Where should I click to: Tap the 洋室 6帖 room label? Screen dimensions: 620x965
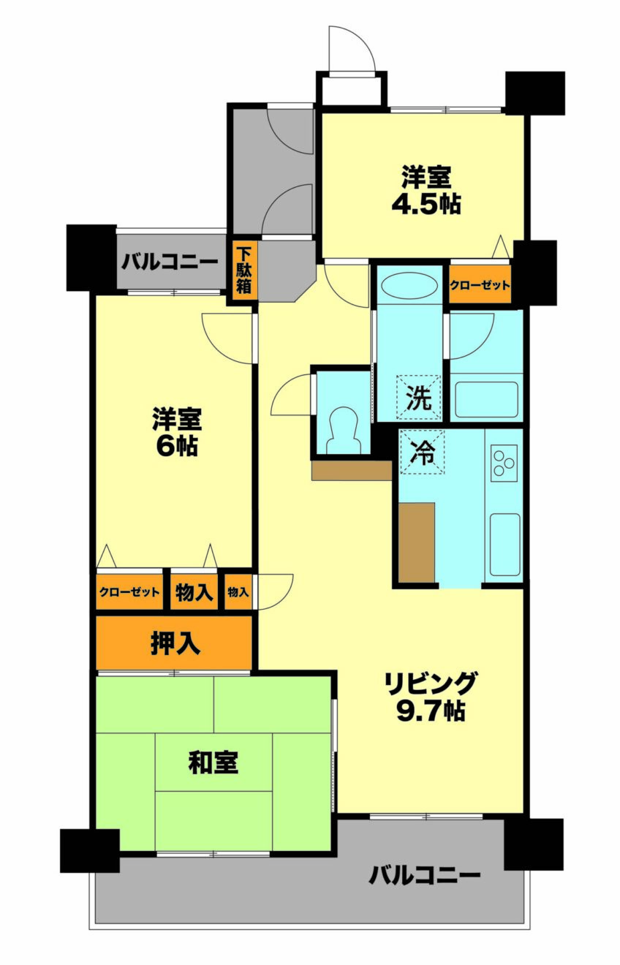177,432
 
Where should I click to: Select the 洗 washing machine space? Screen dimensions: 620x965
419,397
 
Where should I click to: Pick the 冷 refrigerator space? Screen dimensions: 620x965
423,452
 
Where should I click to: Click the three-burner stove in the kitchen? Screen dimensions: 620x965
504,463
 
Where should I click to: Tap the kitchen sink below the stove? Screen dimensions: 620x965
504,544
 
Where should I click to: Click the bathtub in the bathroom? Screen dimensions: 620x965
486,400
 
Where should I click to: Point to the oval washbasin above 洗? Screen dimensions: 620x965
409,285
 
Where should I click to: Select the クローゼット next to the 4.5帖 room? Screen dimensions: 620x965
480,285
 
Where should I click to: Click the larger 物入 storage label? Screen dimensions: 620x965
194,593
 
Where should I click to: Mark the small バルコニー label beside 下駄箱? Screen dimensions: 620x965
170,262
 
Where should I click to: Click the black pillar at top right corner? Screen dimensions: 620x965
534,93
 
